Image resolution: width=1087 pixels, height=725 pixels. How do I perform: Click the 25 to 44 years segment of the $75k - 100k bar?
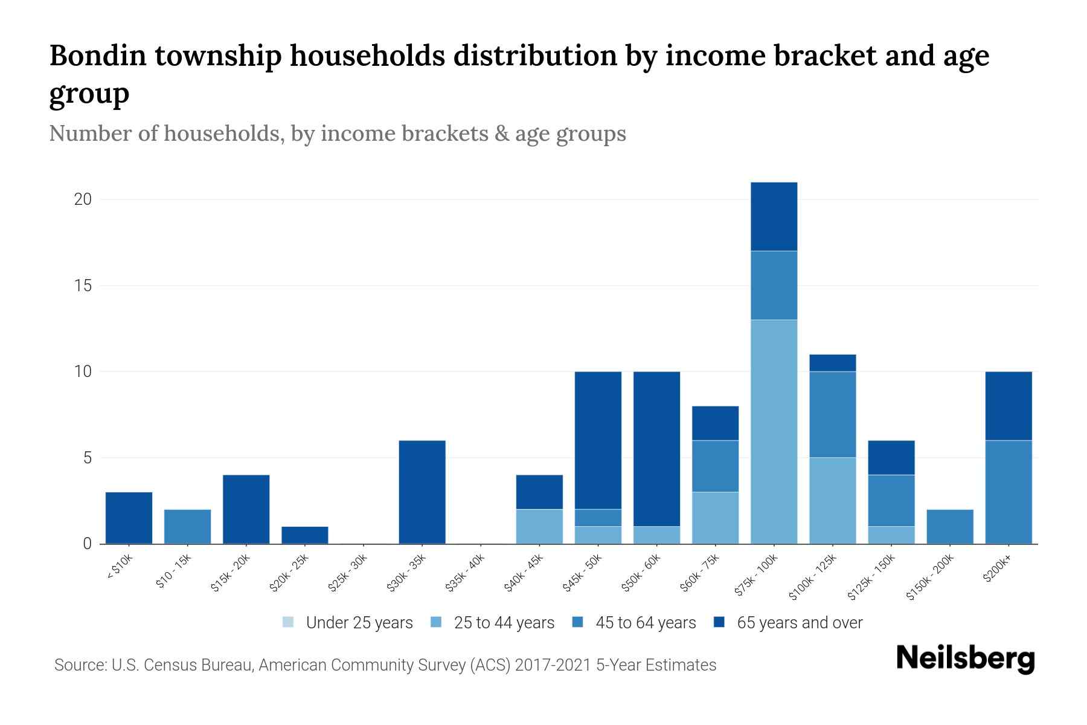point(774,431)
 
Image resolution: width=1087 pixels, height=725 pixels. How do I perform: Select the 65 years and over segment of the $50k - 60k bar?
point(656,448)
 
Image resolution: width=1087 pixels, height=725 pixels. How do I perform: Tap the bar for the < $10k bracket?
point(129,518)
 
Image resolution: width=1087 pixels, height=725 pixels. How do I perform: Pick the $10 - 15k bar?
point(187,526)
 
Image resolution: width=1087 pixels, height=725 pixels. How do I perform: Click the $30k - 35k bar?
point(422,492)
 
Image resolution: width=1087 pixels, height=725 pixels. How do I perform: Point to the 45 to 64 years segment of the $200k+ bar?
point(1008,492)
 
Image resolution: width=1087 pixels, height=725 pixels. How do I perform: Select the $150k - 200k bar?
point(949,526)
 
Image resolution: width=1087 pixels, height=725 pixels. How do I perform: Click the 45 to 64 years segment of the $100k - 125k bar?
point(832,414)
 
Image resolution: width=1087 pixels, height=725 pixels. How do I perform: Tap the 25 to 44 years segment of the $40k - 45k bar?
point(539,526)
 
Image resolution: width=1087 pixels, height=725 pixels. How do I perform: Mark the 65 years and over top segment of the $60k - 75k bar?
point(715,423)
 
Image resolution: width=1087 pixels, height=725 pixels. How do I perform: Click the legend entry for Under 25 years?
point(348,623)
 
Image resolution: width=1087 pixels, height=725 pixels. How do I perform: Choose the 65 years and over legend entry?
point(788,623)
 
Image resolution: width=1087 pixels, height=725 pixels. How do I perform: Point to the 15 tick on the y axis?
point(83,286)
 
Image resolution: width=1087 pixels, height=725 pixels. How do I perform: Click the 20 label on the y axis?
point(83,199)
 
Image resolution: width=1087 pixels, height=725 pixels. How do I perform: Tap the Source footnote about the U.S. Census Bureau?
point(385,665)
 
